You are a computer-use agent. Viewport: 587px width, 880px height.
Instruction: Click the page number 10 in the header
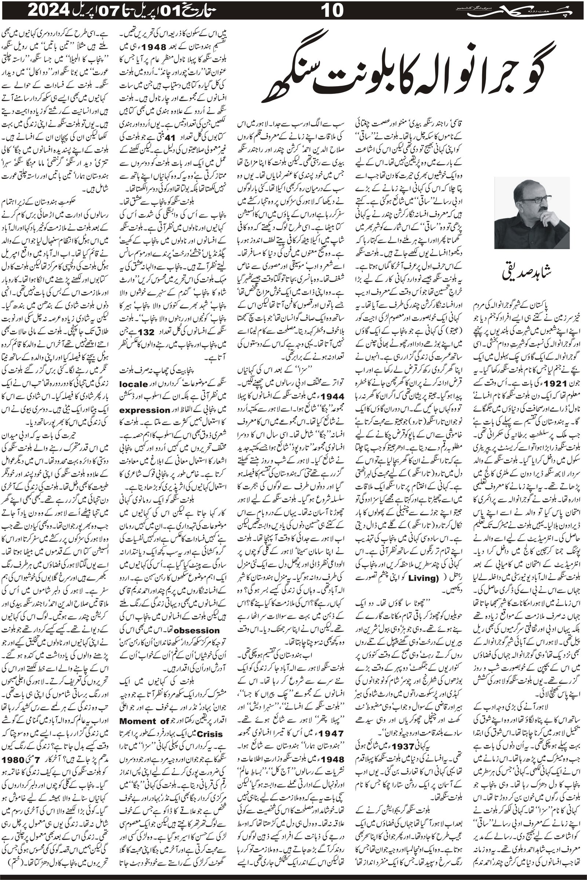(x=332, y=11)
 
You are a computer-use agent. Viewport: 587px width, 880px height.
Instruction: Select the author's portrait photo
(x=532, y=213)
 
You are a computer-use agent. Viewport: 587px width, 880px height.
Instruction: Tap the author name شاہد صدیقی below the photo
(x=531, y=275)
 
